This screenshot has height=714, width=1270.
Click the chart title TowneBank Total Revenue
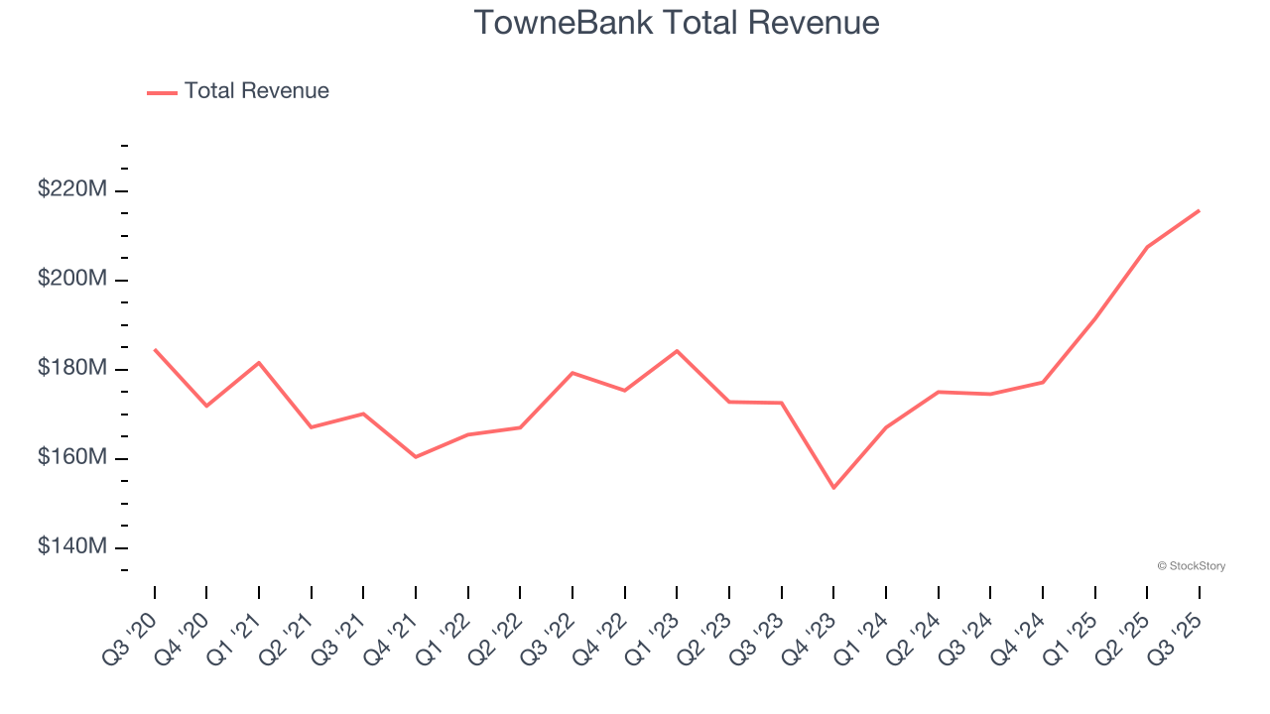pos(677,22)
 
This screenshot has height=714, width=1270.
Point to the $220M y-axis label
pos(72,188)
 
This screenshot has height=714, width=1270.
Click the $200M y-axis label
pos(72,279)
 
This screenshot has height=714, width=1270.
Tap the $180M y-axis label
pos(72,368)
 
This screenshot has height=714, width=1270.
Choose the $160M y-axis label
pos(72,457)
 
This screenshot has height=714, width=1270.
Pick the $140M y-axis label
pos(72,546)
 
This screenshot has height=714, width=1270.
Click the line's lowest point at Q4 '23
pos(833,488)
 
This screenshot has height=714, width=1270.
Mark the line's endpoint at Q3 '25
pos(1199,210)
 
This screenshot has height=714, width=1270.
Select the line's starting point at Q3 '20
pos(155,349)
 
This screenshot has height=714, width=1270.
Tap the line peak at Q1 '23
pos(677,351)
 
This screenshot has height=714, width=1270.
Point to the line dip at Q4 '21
pos(416,457)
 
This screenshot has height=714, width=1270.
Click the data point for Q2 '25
pos(1147,247)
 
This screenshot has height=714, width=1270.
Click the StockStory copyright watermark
pos(1191,566)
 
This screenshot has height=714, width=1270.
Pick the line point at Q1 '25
pos(1094,318)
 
